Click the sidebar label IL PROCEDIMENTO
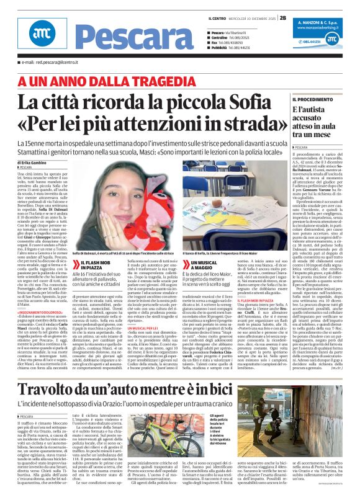click(313, 99)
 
